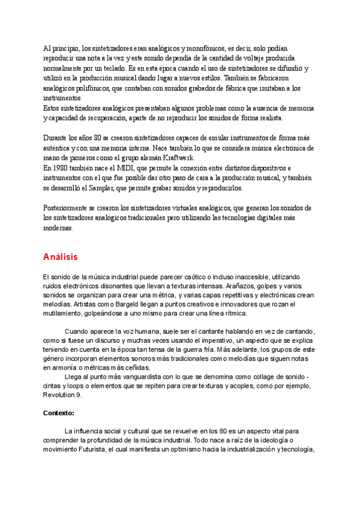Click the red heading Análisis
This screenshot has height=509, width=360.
(61, 257)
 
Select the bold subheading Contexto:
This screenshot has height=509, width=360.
(59, 414)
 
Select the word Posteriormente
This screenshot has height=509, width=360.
(65, 208)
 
